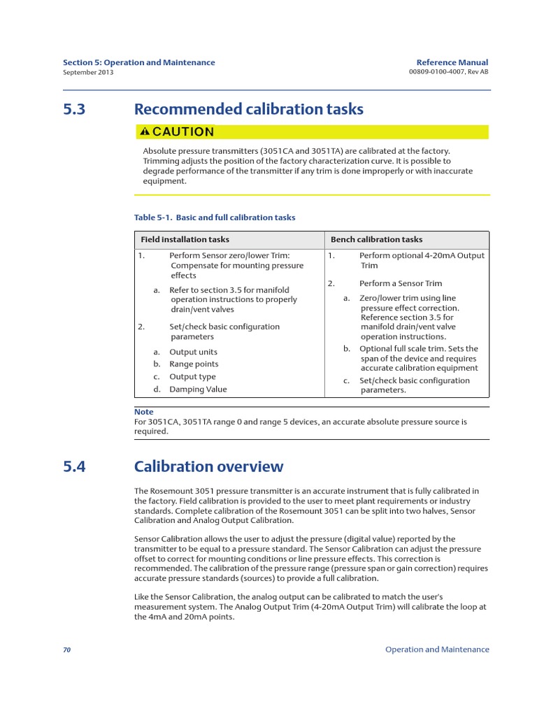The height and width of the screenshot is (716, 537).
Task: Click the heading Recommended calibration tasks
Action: [x=248, y=110]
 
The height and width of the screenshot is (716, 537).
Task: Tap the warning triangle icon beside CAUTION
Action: [x=145, y=131]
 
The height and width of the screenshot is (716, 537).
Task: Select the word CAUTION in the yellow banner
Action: [x=183, y=131]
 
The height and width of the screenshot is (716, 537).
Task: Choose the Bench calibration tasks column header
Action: [x=376, y=239]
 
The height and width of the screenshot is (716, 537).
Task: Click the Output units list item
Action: [x=193, y=352]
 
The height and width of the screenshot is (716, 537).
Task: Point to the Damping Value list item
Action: [x=198, y=389]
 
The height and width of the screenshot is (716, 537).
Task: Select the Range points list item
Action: [x=194, y=364]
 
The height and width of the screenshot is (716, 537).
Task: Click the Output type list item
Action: [x=192, y=377]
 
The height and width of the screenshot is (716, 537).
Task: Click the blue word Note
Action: [x=143, y=412]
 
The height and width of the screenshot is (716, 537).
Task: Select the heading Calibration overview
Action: [x=208, y=466]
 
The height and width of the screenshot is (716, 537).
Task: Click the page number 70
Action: [x=67, y=650]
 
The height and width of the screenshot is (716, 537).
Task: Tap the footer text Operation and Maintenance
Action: [x=437, y=650]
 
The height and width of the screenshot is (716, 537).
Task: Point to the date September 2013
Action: [x=87, y=72]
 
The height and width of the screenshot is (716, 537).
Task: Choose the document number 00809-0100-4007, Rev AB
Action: [x=447, y=72]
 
